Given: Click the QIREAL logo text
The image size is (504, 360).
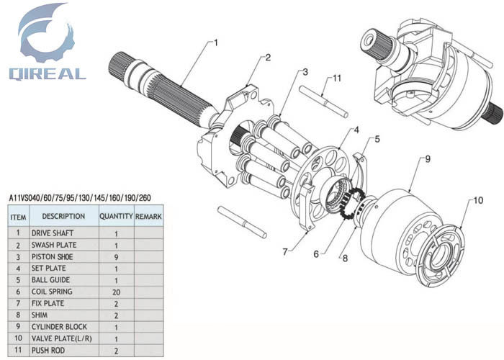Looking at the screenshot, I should (48, 73).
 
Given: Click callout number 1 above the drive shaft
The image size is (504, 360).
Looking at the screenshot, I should (215, 42).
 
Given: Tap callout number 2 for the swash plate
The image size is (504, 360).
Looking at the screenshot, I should (268, 58).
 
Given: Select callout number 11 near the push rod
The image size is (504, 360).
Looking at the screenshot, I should (336, 78).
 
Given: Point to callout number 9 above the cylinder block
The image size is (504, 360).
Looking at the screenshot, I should (427, 158).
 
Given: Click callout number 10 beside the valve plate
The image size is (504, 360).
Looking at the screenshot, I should (478, 199).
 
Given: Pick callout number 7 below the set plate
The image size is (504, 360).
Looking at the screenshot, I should (286, 251).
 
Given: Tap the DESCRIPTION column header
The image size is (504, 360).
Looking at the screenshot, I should (63, 216).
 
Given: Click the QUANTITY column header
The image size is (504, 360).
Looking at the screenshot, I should (116, 216).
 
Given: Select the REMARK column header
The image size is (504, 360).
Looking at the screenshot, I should (148, 216).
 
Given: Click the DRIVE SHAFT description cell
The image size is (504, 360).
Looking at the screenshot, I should (53, 233).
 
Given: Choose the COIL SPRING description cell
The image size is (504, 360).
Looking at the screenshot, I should (51, 292).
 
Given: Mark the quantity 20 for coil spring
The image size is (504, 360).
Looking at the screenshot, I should (116, 292).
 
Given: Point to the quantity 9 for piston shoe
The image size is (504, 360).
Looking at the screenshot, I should (116, 257).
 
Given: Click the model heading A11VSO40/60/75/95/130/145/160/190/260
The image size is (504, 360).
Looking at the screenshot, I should (79, 197).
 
